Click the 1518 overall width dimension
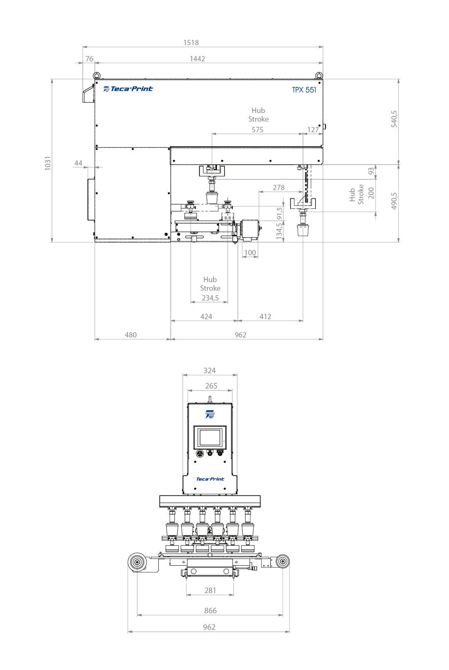click(x=191, y=42)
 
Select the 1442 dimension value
click(x=197, y=59)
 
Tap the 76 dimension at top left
click(x=89, y=59)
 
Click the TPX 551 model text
click(x=304, y=90)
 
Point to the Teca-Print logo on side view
click(x=128, y=89)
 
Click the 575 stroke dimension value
click(x=257, y=130)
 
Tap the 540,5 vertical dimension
click(x=394, y=119)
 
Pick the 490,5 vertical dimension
click(x=394, y=200)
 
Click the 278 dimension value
click(x=279, y=188)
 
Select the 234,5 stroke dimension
click(x=210, y=298)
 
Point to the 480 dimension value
click(x=131, y=335)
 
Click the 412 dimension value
click(x=265, y=316)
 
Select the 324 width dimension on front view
click(x=210, y=371)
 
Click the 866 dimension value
click(x=210, y=611)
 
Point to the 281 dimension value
click(x=210, y=591)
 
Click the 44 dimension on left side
click(x=79, y=163)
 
